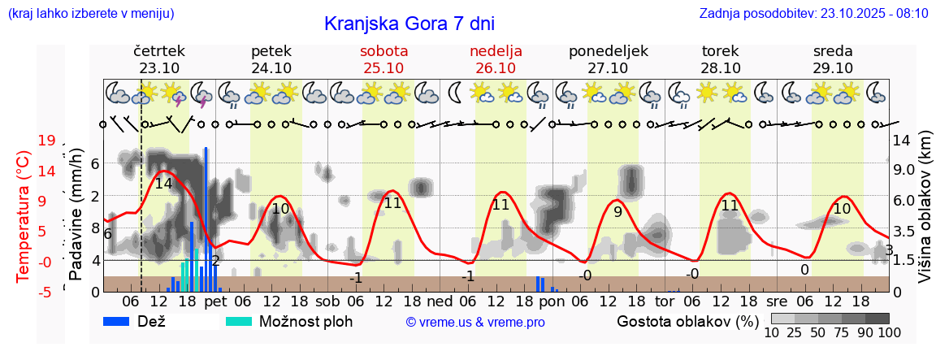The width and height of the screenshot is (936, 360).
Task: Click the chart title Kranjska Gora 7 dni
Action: click(x=409, y=24)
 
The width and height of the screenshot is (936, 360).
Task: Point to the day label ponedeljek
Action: click(x=608, y=51)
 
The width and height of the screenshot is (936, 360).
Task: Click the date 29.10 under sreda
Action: click(x=833, y=68)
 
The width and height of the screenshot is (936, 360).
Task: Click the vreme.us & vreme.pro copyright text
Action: click(x=475, y=322)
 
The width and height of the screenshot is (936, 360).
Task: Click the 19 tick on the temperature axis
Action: click(x=46, y=141)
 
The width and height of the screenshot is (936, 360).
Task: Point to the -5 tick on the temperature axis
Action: click(x=46, y=292)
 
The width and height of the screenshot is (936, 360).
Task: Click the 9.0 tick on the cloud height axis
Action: click(x=905, y=170)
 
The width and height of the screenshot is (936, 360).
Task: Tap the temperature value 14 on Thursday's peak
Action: click(x=163, y=184)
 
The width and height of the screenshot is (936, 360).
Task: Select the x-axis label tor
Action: click(x=665, y=301)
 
